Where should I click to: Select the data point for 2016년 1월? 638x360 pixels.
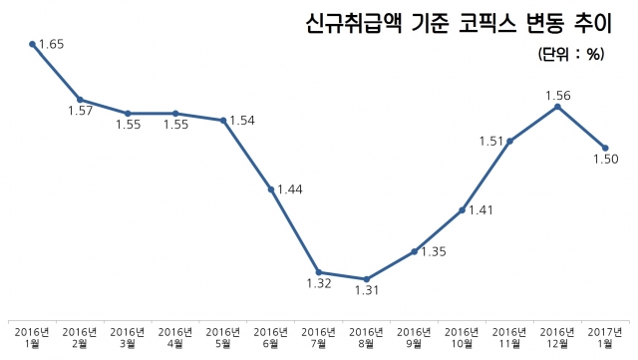tap(33, 44)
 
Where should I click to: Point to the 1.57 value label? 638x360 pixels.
tap(81, 111)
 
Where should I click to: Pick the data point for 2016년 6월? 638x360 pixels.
tap(271, 188)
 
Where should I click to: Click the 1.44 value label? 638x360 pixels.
tap(290, 188)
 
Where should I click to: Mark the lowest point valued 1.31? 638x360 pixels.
tap(367, 279)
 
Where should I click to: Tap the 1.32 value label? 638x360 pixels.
tap(318, 284)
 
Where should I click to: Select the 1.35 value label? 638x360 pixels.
tap(432, 251)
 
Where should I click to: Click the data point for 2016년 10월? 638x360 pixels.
tap(463, 210)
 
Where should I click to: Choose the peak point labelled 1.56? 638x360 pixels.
tap(558, 107)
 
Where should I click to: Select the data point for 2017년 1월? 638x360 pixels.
tap(605, 148)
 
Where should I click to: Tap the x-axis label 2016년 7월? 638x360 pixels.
tap(319, 337)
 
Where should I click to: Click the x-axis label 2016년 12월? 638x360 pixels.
tap(558, 337)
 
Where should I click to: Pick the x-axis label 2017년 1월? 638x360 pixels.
tap(606, 337)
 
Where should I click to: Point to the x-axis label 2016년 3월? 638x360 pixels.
tap(128, 337)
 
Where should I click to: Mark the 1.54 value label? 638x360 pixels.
tap(242, 121)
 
